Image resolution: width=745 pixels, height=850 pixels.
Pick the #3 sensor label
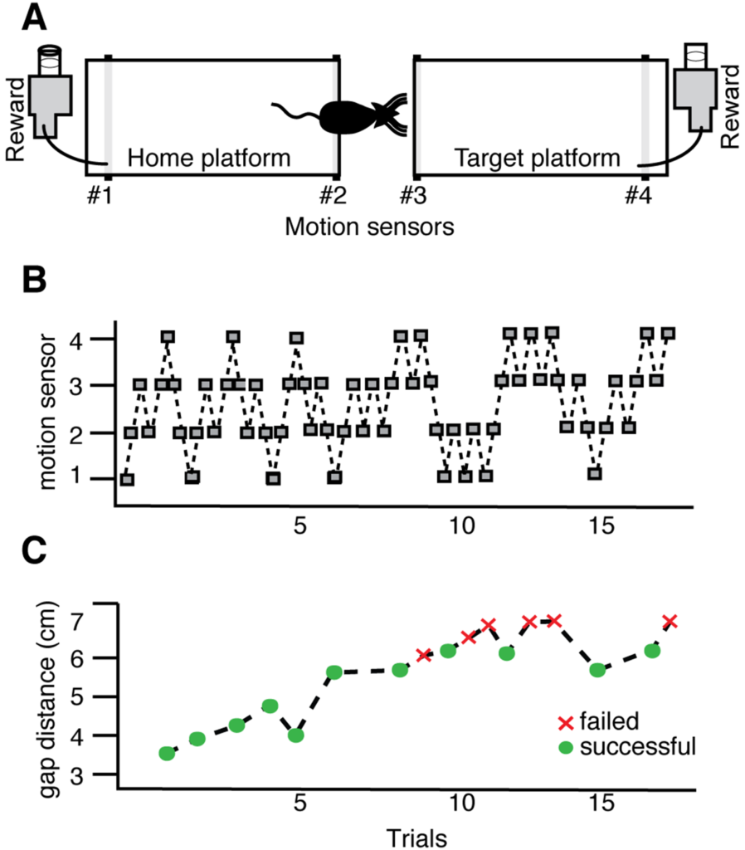tap(413, 196)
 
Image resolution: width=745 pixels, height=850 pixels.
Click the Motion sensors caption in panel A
tap(369, 226)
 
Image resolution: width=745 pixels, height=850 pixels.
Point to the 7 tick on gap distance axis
tap(100, 618)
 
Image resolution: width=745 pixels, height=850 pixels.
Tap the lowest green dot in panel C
tap(167, 753)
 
